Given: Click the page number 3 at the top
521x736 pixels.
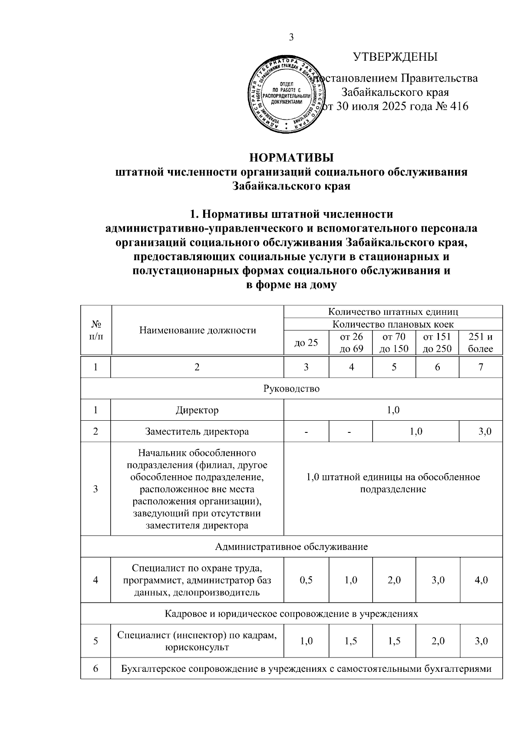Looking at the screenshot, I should pyautogui.click(x=291, y=37).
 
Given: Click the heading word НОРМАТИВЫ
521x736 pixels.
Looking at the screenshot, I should pyautogui.click(x=291, y=157).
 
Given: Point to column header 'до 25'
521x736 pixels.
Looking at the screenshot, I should pyautogui.click(x=306, y=343).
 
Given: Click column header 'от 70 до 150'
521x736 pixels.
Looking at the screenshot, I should pyautogui.click(x=394, y=343).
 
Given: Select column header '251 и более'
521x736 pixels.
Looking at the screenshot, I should pyautogui.click(x=481, y=343).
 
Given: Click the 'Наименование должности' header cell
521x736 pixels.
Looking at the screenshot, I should pyautogui.click(x=198, y=330).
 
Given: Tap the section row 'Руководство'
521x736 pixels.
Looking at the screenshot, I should pyautogui.click(x=291, y=389).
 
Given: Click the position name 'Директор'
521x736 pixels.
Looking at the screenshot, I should pyautogui.click(x=197, y=410).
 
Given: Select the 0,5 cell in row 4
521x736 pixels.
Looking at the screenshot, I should pyautogui.click(x=306, y=580).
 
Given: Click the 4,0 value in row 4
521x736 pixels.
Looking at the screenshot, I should pyautogui.click(x=481, y=580).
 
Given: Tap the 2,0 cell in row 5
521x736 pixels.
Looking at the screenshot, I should pyautogui.click(x=438, y=641).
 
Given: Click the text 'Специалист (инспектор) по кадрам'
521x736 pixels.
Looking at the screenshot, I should pyautogui.click(x=197, y=635).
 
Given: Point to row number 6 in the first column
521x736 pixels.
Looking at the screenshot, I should pyautogui.click(x=96, y=668).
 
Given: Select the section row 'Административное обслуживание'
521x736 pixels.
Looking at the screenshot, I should pyautogui.click(x=291, y=547).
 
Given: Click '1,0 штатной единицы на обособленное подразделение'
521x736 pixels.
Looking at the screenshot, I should pyautogui.click(x=393, y=483).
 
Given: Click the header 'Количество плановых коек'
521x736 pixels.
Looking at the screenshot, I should pyautogui.click(x=393, y=324).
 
